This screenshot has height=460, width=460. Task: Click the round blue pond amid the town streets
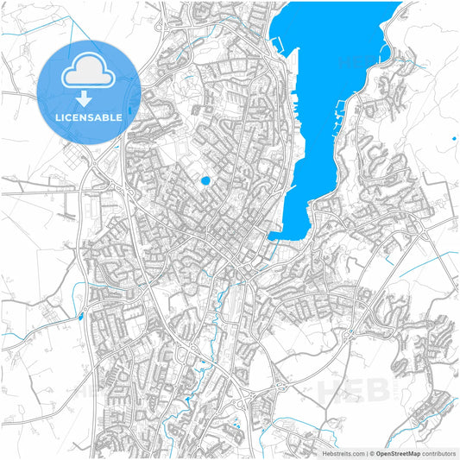pos(205,181)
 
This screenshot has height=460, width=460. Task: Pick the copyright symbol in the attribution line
pos(371,452)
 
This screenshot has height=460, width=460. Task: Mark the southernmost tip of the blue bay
pos(274,237)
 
